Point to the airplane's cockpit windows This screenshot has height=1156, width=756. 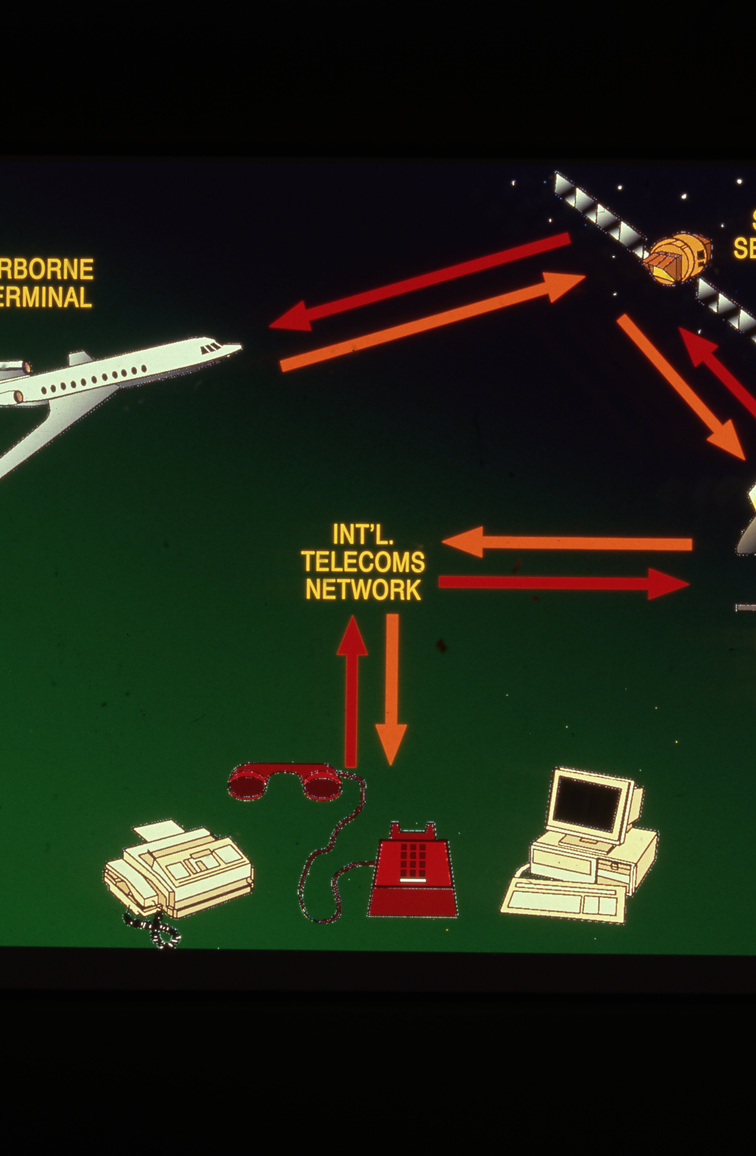point(212,348)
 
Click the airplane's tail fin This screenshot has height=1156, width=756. point(80,358)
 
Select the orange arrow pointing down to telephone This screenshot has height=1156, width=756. point(391,690)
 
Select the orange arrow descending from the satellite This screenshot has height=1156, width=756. point(680,386)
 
